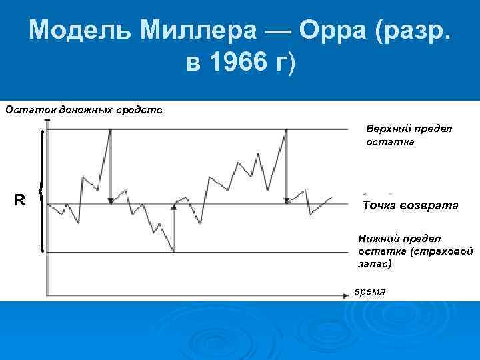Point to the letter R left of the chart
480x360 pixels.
tap(21, 199)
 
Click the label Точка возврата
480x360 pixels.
tap(410, 205)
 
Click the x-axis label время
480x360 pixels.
tap(369, 292)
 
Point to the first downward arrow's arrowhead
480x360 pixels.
tap(110, 199)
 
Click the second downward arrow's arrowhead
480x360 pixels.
tap(287, 200)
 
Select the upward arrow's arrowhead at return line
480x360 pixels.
tap(174, 207)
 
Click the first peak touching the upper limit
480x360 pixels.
tap(110, 130)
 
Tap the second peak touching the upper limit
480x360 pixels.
tap(287, 130)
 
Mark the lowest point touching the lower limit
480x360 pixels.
tap(174, 252)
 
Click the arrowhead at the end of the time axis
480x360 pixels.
tap(347, 293)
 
